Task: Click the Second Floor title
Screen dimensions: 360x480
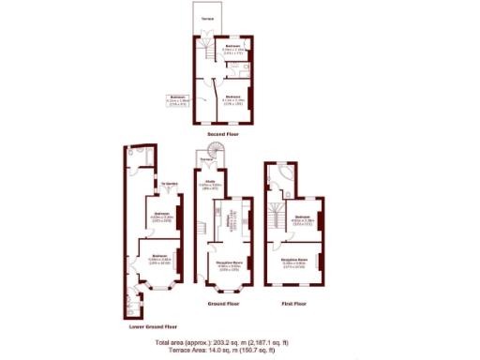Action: [223, 134]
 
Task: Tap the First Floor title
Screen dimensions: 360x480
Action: [293, 304]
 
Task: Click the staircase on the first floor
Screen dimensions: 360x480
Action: [275, 221]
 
